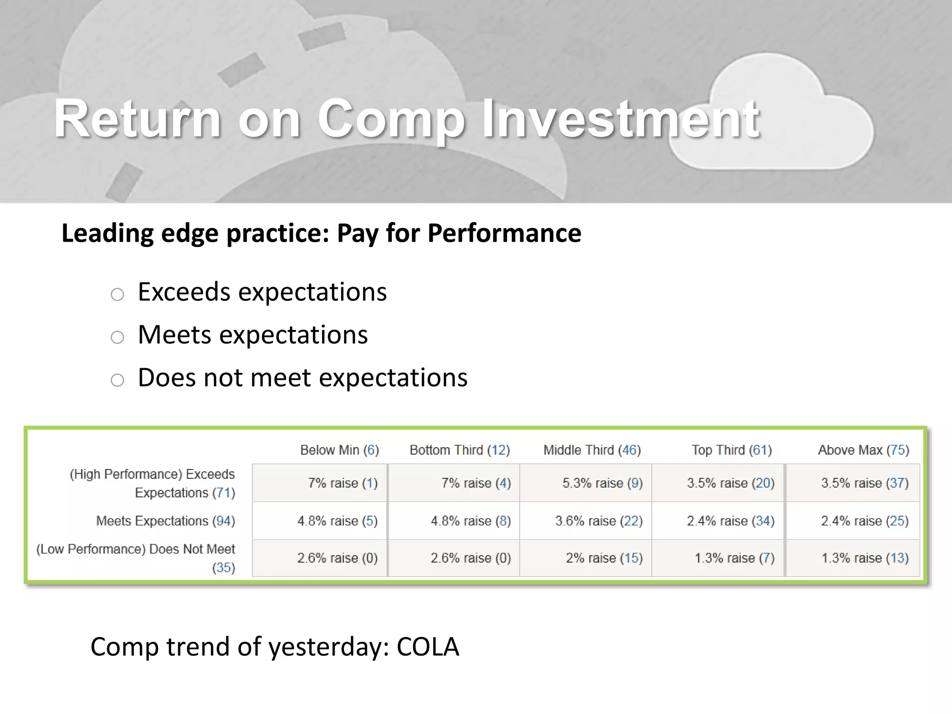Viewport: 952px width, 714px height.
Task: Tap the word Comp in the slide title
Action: (391, 120)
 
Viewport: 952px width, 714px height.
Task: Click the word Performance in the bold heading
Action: (504, 233)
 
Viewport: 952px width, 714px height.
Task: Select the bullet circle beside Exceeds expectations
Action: (118, 294)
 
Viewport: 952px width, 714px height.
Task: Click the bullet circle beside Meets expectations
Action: (118, 337)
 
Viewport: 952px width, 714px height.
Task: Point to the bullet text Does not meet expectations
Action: (303, 377)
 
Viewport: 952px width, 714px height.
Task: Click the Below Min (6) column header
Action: (339, 450)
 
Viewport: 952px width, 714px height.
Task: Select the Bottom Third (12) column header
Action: (459, 450)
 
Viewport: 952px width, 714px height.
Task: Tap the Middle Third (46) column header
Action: (592, 450)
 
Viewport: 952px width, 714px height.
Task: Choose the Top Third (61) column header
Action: (731, 450)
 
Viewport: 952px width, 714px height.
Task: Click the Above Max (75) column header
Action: (863, 450)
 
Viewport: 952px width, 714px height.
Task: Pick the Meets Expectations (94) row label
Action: (165, 521)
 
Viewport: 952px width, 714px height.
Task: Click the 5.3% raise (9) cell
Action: (602, 483)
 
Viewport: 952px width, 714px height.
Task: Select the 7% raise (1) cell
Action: (343, 483)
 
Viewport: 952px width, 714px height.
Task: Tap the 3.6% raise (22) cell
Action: (599, 521)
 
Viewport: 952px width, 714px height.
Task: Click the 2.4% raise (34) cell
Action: (730, 521)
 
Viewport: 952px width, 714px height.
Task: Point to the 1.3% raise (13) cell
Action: (865, 558)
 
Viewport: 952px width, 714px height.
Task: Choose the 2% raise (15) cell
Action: (604, 558)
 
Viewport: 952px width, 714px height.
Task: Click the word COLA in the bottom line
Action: (428, 647)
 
